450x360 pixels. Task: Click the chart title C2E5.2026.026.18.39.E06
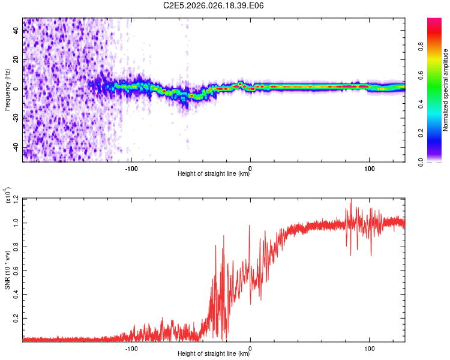pyautogui.click(x=214, y=5)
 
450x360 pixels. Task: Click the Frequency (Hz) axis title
pyautogui.click(x=8, y=89)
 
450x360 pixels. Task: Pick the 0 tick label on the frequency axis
pyautogui.click(x=17, y=89)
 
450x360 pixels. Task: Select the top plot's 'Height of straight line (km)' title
pyautogui.click(x=214, y=174)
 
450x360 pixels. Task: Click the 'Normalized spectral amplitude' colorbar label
pyautogui.click(x=446, y=90)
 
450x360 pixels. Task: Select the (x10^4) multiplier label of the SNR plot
pyautogui.click(x=8, y=195)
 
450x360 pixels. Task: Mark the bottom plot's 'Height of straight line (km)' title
pyautogui.click(x=214, y=354)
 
